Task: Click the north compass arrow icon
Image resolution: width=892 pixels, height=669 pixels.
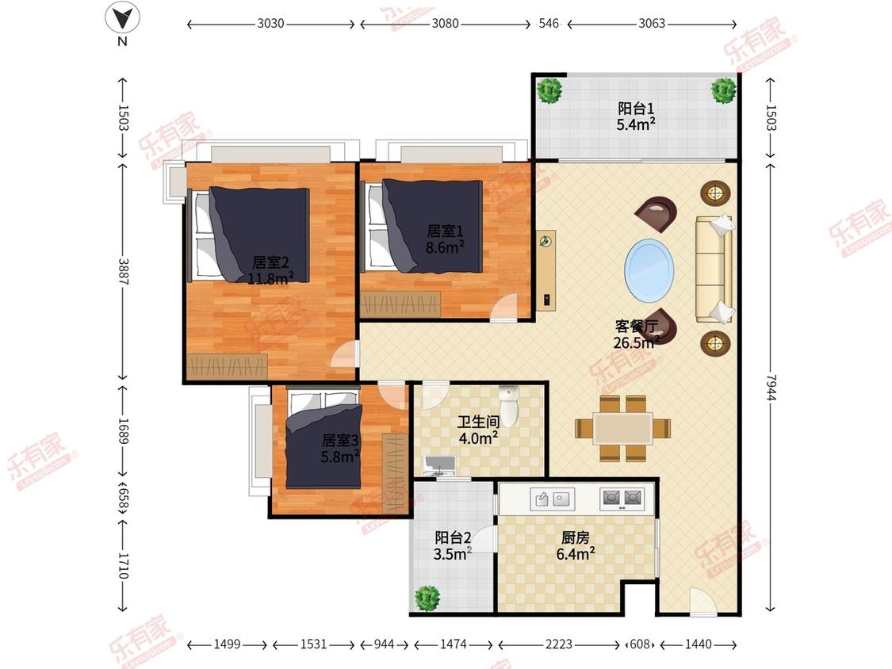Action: click(122, 18)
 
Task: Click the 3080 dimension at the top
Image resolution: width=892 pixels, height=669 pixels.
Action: click(445, 23)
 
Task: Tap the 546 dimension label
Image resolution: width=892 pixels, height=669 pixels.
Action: click(549, 23)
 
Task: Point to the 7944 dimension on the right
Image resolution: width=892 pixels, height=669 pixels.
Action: click(771, 388)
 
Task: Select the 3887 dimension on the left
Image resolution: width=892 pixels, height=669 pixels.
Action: click(124, 272)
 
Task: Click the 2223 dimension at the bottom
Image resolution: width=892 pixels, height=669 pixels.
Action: click(559, 644)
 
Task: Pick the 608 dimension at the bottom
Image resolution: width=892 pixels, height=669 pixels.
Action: click(640, 644)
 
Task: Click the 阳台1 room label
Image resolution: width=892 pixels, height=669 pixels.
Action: click(636, 108)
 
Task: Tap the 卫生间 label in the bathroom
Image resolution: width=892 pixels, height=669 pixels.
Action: click(478, 422)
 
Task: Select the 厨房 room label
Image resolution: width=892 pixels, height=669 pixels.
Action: click(575, 537)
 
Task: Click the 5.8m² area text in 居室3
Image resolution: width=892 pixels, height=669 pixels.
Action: click(339, 457)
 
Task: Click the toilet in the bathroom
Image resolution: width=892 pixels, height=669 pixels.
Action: click(508, 406)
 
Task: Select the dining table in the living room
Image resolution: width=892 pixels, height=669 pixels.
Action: click(623, 428)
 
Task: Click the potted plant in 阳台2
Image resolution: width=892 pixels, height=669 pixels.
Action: click(427, 598)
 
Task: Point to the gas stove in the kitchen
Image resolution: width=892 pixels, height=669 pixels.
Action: click(622, 499)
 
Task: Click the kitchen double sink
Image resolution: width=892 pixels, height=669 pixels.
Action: click(553, 499)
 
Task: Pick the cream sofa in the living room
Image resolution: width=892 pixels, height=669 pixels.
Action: click(714, 269)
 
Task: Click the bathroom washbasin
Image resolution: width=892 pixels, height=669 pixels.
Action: click(440, 464)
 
